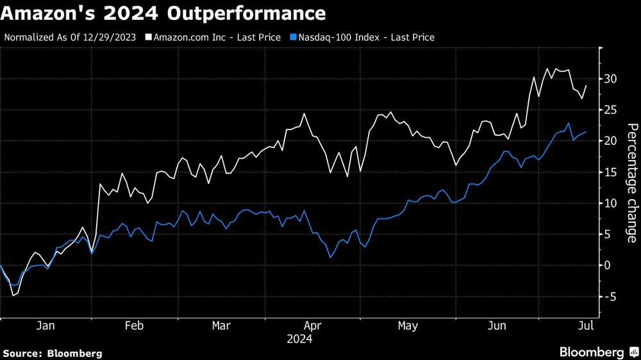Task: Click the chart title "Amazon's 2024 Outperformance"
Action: pos(163,13)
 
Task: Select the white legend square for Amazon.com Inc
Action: pos(149,37)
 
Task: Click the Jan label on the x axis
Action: pos(45,325)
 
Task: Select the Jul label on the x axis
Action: pos(585,325)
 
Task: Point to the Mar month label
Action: pos(222,325)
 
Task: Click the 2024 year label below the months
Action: pos(299,339)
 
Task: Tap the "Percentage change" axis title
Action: pos(631,183)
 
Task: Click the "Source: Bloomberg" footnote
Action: pos(53,353)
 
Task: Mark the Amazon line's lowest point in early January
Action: pos(13,295)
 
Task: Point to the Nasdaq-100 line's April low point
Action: pos(330,258)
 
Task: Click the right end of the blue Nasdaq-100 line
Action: pos(585,132)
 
